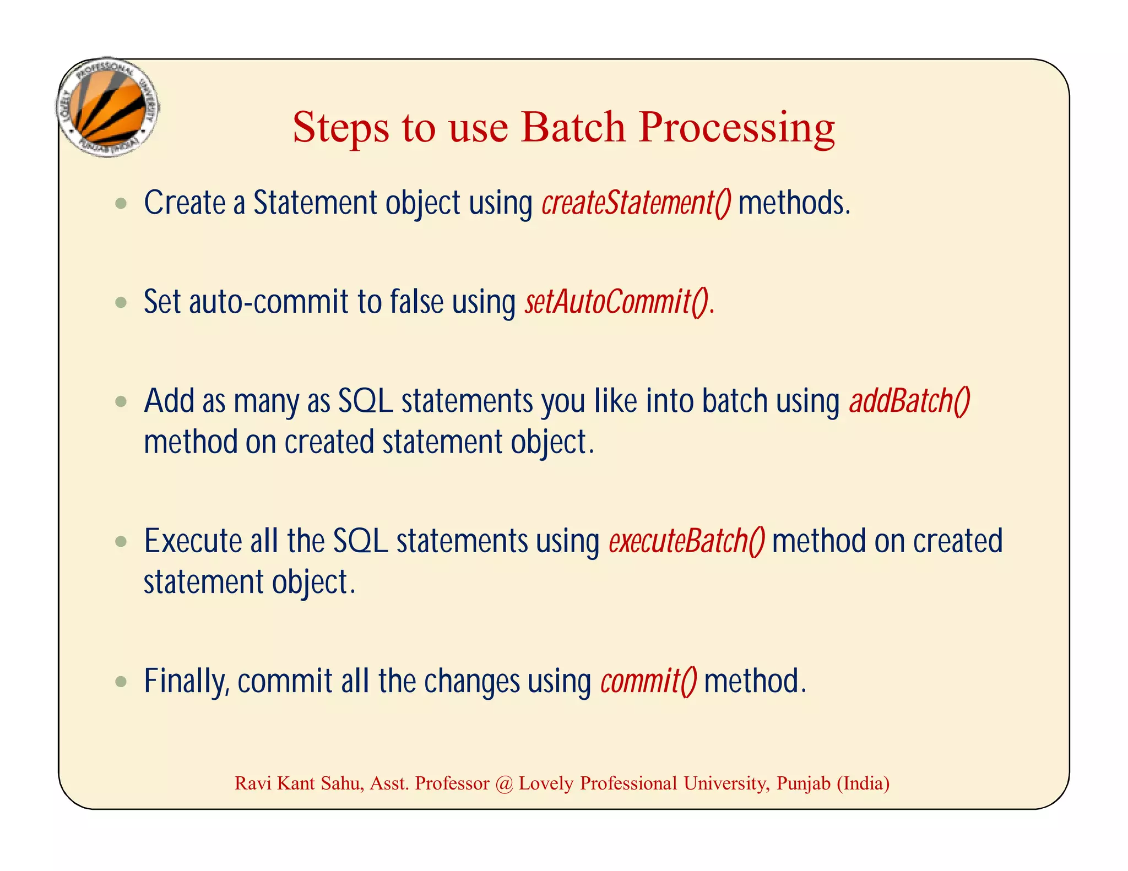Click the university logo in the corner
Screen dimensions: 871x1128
point(108,107)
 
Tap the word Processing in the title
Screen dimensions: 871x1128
point(736,128)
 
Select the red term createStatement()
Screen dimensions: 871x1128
point(636,203)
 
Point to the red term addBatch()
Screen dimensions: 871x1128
point(909,401)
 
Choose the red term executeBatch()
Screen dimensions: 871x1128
point(686,541)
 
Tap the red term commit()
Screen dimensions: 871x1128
point(648,681)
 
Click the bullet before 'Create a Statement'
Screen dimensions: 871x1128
point(121,204)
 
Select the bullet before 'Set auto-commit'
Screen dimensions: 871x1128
point(121,302)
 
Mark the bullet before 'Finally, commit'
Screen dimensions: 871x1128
point(121,682)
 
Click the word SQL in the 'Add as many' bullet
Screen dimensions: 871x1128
point(365,401)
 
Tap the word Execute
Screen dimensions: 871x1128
point(193,541)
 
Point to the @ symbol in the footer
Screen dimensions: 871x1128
point(503,783)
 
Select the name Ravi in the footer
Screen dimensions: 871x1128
point(253,783)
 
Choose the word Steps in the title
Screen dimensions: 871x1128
point(340,128)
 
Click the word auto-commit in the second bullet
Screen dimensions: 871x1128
point(268,302)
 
